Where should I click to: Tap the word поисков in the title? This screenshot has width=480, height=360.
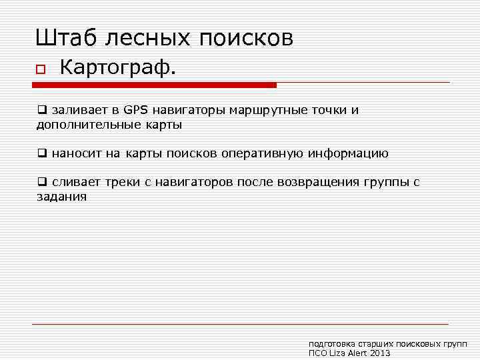(x=246, y=38)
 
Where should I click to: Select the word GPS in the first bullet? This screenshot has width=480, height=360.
(x=137, y=111)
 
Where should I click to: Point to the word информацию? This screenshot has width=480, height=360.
(x=347, y=154)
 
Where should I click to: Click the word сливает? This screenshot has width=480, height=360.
(x=74, y=183)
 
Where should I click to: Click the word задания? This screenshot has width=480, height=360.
(x=61, y=197)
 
